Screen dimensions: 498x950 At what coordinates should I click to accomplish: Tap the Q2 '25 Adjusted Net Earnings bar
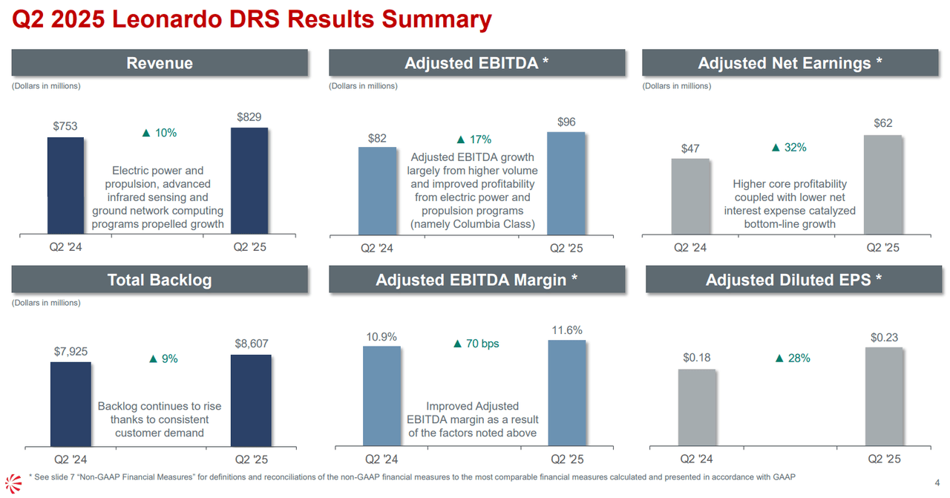coord(882,185)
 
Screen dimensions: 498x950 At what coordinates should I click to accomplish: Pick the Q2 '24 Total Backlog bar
coord(71,404)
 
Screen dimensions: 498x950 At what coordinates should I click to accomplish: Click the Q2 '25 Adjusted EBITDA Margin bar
coord(567,393)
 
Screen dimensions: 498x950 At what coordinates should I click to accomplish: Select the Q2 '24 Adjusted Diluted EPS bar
coord(696,407)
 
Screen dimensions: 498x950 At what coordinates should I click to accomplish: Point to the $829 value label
coord(249,117)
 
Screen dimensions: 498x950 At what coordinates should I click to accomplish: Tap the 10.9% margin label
coord(381,336)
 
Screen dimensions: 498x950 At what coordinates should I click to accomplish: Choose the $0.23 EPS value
coord(884,338)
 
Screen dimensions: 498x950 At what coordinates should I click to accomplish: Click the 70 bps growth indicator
coord(476,344)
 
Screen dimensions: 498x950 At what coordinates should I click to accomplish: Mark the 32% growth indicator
coord(789,148)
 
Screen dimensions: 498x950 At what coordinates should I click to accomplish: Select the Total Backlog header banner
coord(160,280)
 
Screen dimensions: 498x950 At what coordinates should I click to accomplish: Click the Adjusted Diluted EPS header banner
coord(793,280)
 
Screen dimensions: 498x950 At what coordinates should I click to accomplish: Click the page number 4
coord(937,482)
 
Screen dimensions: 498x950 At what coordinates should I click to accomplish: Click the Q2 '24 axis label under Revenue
coord(65,247)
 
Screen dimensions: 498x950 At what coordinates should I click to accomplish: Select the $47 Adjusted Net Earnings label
coord(690,149)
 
